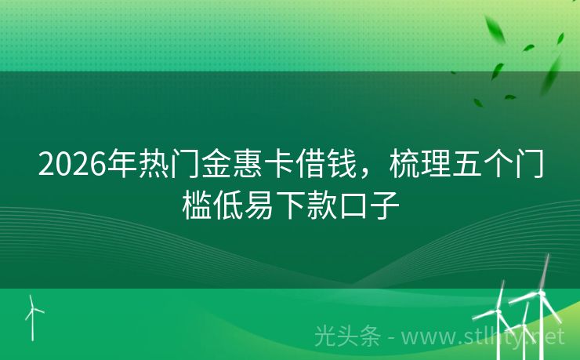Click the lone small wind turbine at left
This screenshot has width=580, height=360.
33,314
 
